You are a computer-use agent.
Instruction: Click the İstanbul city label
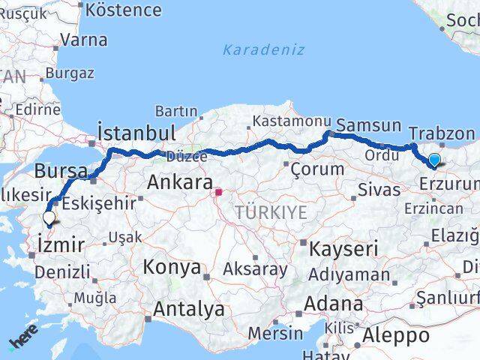[137, 133]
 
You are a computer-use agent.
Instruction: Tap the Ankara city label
[178, 181]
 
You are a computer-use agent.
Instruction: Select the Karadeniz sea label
[263, 50]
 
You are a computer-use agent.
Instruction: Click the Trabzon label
[442, 133]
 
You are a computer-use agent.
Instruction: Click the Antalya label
[189, 308]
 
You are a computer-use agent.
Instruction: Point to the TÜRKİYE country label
[271, 212]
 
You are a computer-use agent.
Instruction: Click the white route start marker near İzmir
[49, 217]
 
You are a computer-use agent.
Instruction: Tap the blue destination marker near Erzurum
[433, 159]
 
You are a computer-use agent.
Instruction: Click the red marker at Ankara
[218, 192]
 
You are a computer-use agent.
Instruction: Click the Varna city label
[82, 40]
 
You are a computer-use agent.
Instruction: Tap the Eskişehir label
[99, 202]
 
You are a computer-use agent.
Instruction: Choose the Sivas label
[379, 189]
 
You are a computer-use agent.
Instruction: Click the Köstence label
[124, 10]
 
